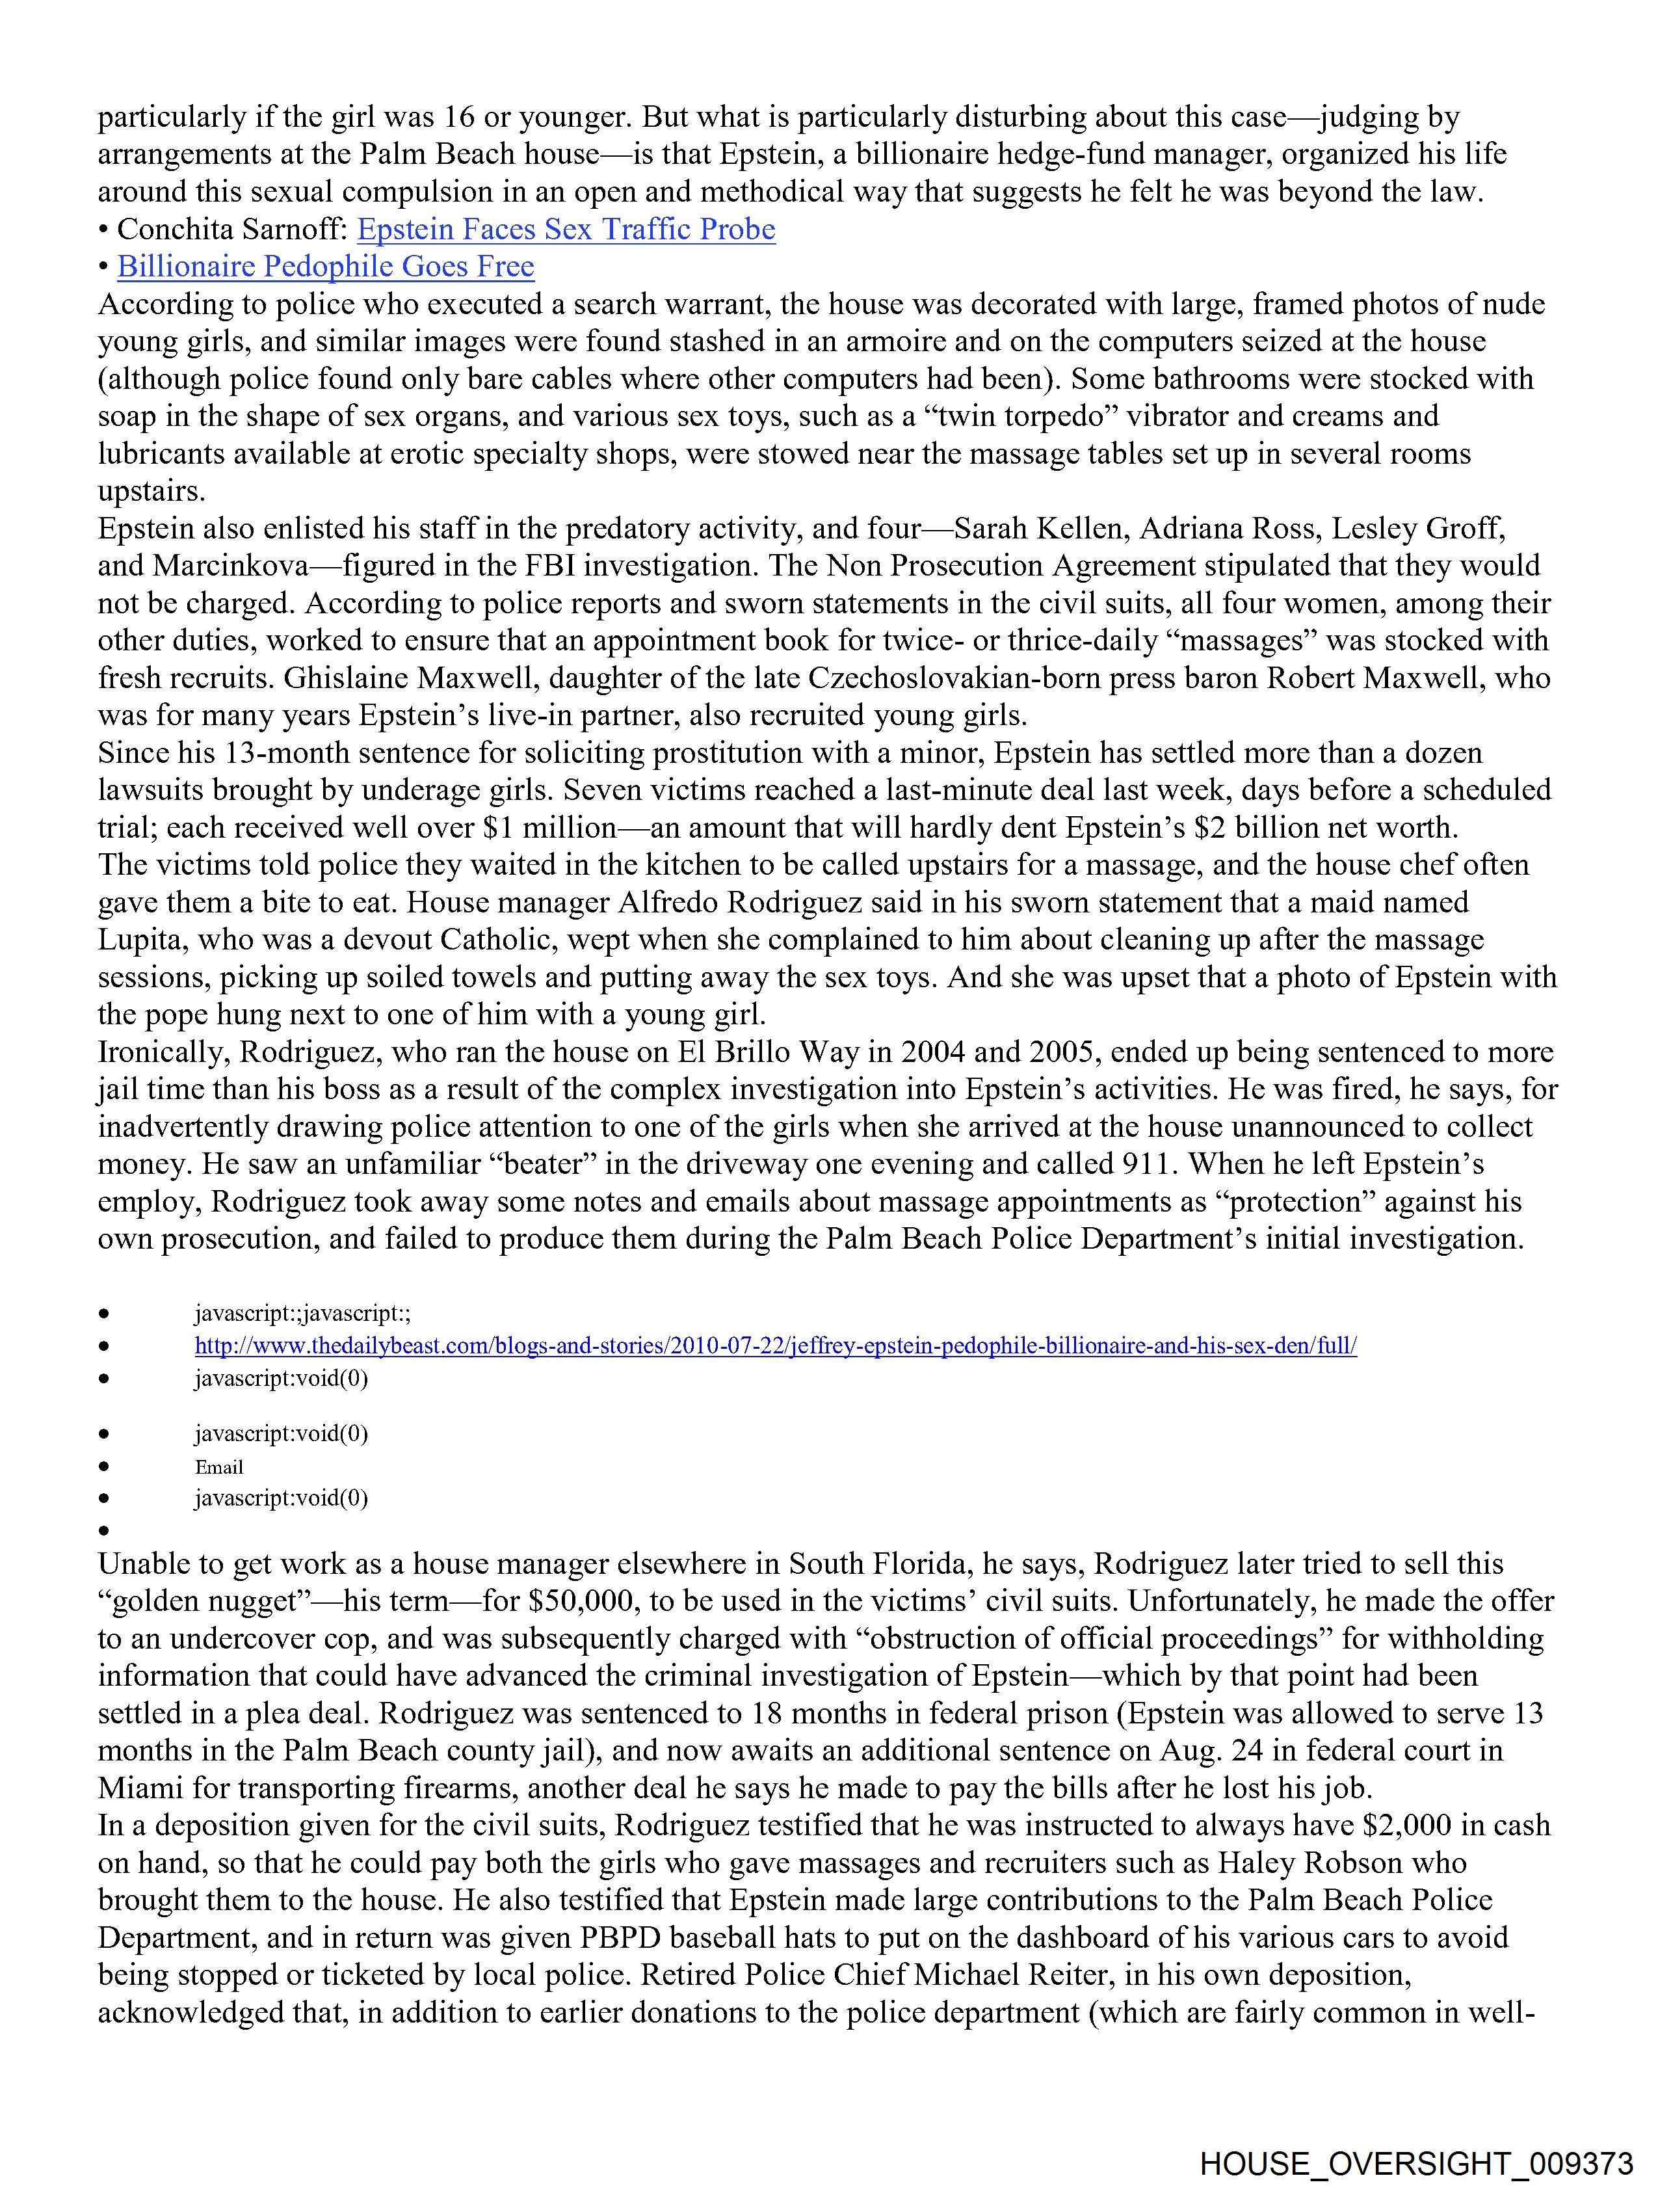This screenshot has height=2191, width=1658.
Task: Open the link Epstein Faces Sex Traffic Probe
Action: point(566,230)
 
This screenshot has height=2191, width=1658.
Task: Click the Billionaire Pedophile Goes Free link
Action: point(325,267)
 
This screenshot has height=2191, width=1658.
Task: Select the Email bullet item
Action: point(219,1467)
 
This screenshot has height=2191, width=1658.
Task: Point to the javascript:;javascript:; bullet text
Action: point(302,1314)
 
